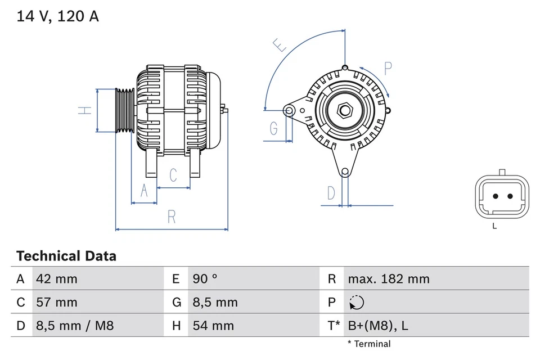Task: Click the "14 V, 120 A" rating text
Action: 57,16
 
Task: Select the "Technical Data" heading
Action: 66,256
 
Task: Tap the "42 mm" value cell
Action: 56,279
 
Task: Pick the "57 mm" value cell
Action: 56,303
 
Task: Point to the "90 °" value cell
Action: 206,279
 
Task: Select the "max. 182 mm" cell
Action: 388,279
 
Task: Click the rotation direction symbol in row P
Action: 356,303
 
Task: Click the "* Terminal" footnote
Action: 368,344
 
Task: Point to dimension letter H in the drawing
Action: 84,111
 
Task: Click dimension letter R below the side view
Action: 172,217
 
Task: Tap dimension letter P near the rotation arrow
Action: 388,69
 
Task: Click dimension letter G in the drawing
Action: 273,129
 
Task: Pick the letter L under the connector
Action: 494,226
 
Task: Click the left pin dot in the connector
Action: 496,197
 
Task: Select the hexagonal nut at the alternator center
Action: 344,111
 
